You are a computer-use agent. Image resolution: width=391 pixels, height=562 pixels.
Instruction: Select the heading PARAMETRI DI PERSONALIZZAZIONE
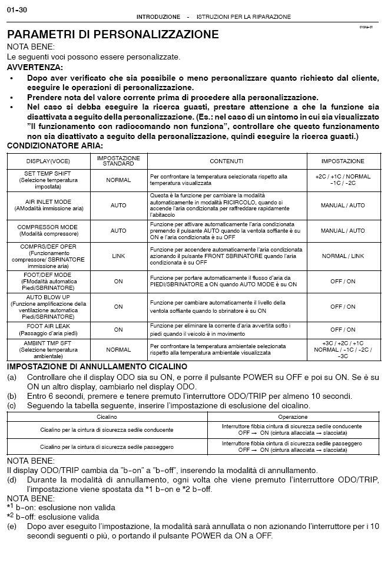(x=112, y=34)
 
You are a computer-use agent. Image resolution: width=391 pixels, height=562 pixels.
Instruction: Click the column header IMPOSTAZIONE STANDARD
(x=118, y=161)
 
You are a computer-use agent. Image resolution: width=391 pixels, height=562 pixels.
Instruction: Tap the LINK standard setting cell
(x=118, y=256)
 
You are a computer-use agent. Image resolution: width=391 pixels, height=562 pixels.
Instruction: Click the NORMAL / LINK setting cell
(x=343, y=256)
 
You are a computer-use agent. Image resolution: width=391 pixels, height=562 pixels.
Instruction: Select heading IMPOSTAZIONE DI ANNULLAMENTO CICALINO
(x=104, y=366)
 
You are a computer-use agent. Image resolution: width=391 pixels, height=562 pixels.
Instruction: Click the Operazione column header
(x=292, y=416)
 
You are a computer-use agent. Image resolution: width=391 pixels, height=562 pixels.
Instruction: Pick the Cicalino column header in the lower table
(x=106, y=416)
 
